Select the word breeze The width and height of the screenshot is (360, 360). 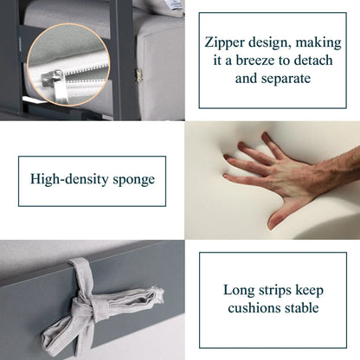click(x=254, y=61)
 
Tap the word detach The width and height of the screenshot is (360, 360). click(x=313, y=61)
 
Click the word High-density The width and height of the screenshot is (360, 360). click(x=69, y=179)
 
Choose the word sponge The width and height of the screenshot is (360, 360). click(x=134, y=180)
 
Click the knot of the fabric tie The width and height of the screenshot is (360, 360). click(x=84, y=306)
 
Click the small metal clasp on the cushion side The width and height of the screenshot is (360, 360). click(x=139, y=75)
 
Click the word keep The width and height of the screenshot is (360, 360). click(x=310, y=291)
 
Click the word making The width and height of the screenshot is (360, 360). click(x=318, y=43)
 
